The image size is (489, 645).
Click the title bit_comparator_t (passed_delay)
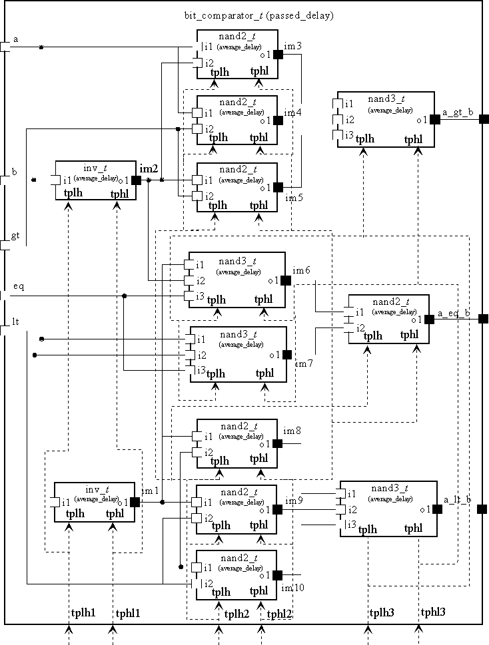(259, 15)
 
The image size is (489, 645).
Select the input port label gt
(15, 236)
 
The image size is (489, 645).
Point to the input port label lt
(15, 322)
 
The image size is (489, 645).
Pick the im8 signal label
(293, 432)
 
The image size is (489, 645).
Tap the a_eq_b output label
(454, 313)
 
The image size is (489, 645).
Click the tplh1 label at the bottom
(84, 613)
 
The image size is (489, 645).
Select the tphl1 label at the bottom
(129, 613)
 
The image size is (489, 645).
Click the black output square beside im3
(278, 55)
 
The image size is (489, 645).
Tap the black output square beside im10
(278, 575)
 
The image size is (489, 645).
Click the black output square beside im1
(135, 502)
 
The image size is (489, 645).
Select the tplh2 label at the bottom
(237, 614)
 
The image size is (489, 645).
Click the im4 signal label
(293, 112)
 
